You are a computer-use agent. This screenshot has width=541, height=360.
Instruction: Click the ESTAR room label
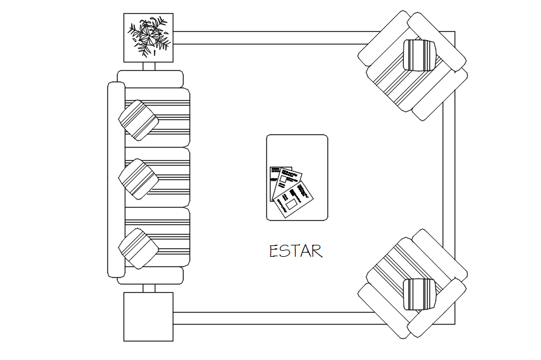click(x=296, y=251)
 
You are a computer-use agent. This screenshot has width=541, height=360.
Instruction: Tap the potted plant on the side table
click(x=148, y=37)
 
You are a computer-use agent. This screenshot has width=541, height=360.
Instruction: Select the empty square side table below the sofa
click(x=148, y=316)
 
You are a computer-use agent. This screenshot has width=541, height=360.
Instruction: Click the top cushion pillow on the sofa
click(x=139, y=120)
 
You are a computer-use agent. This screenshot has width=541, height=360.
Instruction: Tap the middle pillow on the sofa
click(x=139, y=179)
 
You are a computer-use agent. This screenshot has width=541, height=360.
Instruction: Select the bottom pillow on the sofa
click(x=139, y=248)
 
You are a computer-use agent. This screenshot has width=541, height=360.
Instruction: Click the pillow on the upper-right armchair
click(x=419, y=55)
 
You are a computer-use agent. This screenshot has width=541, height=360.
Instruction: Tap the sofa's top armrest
click(x=150, y=79)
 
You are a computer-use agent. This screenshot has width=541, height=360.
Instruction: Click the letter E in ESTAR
click(x=274, y=251)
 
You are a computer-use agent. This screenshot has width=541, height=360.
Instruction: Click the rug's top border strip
click(x=270, y=38)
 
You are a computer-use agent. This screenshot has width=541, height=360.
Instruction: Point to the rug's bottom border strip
click(x=270, y=319)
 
